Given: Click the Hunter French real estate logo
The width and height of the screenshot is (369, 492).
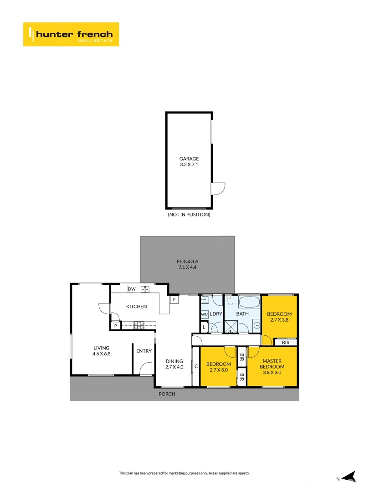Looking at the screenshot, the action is (x=71, y=34).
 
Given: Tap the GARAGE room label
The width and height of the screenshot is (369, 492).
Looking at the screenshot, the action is (x=189, y=159).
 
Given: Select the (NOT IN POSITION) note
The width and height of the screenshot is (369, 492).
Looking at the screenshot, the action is (x=189, y=215).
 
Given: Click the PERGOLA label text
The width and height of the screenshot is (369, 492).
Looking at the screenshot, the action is (x=187, y=261).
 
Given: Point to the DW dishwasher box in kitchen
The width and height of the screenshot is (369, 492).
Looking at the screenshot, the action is (x=132, y=289).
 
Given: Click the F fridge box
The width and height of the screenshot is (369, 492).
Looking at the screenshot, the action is (x=174, y=300).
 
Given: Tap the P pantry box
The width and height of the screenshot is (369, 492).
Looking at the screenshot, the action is (x=116, y=326).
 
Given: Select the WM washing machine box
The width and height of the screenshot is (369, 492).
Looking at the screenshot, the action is (x=205, y=314).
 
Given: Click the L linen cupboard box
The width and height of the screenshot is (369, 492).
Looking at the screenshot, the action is (x=204, y=328).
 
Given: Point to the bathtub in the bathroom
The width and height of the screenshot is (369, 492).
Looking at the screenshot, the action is (x=250, y=302).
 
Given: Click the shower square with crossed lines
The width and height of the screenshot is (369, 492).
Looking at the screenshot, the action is (x=231, y=326).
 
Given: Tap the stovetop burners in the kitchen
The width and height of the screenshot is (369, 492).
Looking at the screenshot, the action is (x=139, y=325).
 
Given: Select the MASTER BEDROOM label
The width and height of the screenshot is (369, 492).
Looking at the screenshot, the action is (x=272, y=364).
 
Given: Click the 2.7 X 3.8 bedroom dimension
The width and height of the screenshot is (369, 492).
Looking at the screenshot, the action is (x=279, y=320).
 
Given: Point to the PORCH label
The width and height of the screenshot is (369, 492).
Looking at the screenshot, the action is (x=167, y=394).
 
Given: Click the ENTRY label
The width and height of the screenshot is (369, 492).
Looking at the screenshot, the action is (x=144, y=351).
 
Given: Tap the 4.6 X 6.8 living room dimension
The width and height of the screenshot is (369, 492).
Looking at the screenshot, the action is (x=101, y=354).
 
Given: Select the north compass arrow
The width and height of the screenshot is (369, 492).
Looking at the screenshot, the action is (x=349, y=477).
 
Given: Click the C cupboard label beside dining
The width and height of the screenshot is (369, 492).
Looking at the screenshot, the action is (x=196, y=366).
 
